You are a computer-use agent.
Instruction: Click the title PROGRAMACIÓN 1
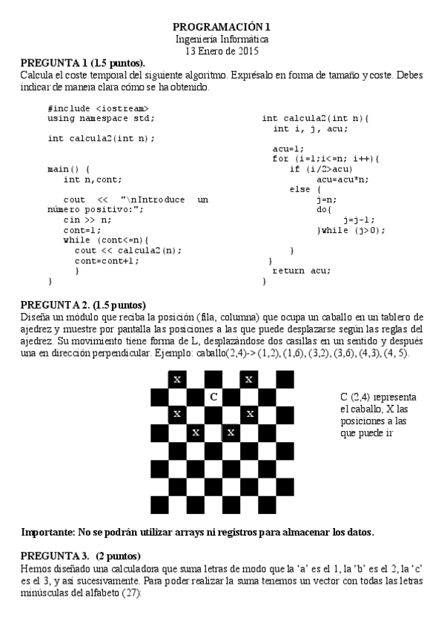[222, 27]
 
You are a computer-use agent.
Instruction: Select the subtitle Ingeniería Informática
[222, 39]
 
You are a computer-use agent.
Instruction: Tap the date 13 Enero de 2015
[222, 50]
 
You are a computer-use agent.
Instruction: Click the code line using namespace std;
[101, 118]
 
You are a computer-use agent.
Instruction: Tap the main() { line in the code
[68, 169]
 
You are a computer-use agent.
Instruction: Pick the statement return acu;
[302, 271]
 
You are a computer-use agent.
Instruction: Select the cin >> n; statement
[87, 220]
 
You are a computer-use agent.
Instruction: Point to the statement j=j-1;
[359, 220]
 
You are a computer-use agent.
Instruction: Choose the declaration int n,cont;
[93, 179]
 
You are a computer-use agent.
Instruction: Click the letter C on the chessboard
[213, 397]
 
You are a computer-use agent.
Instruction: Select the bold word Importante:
[52, 532]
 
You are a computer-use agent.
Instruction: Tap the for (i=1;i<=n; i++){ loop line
[325, 159]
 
